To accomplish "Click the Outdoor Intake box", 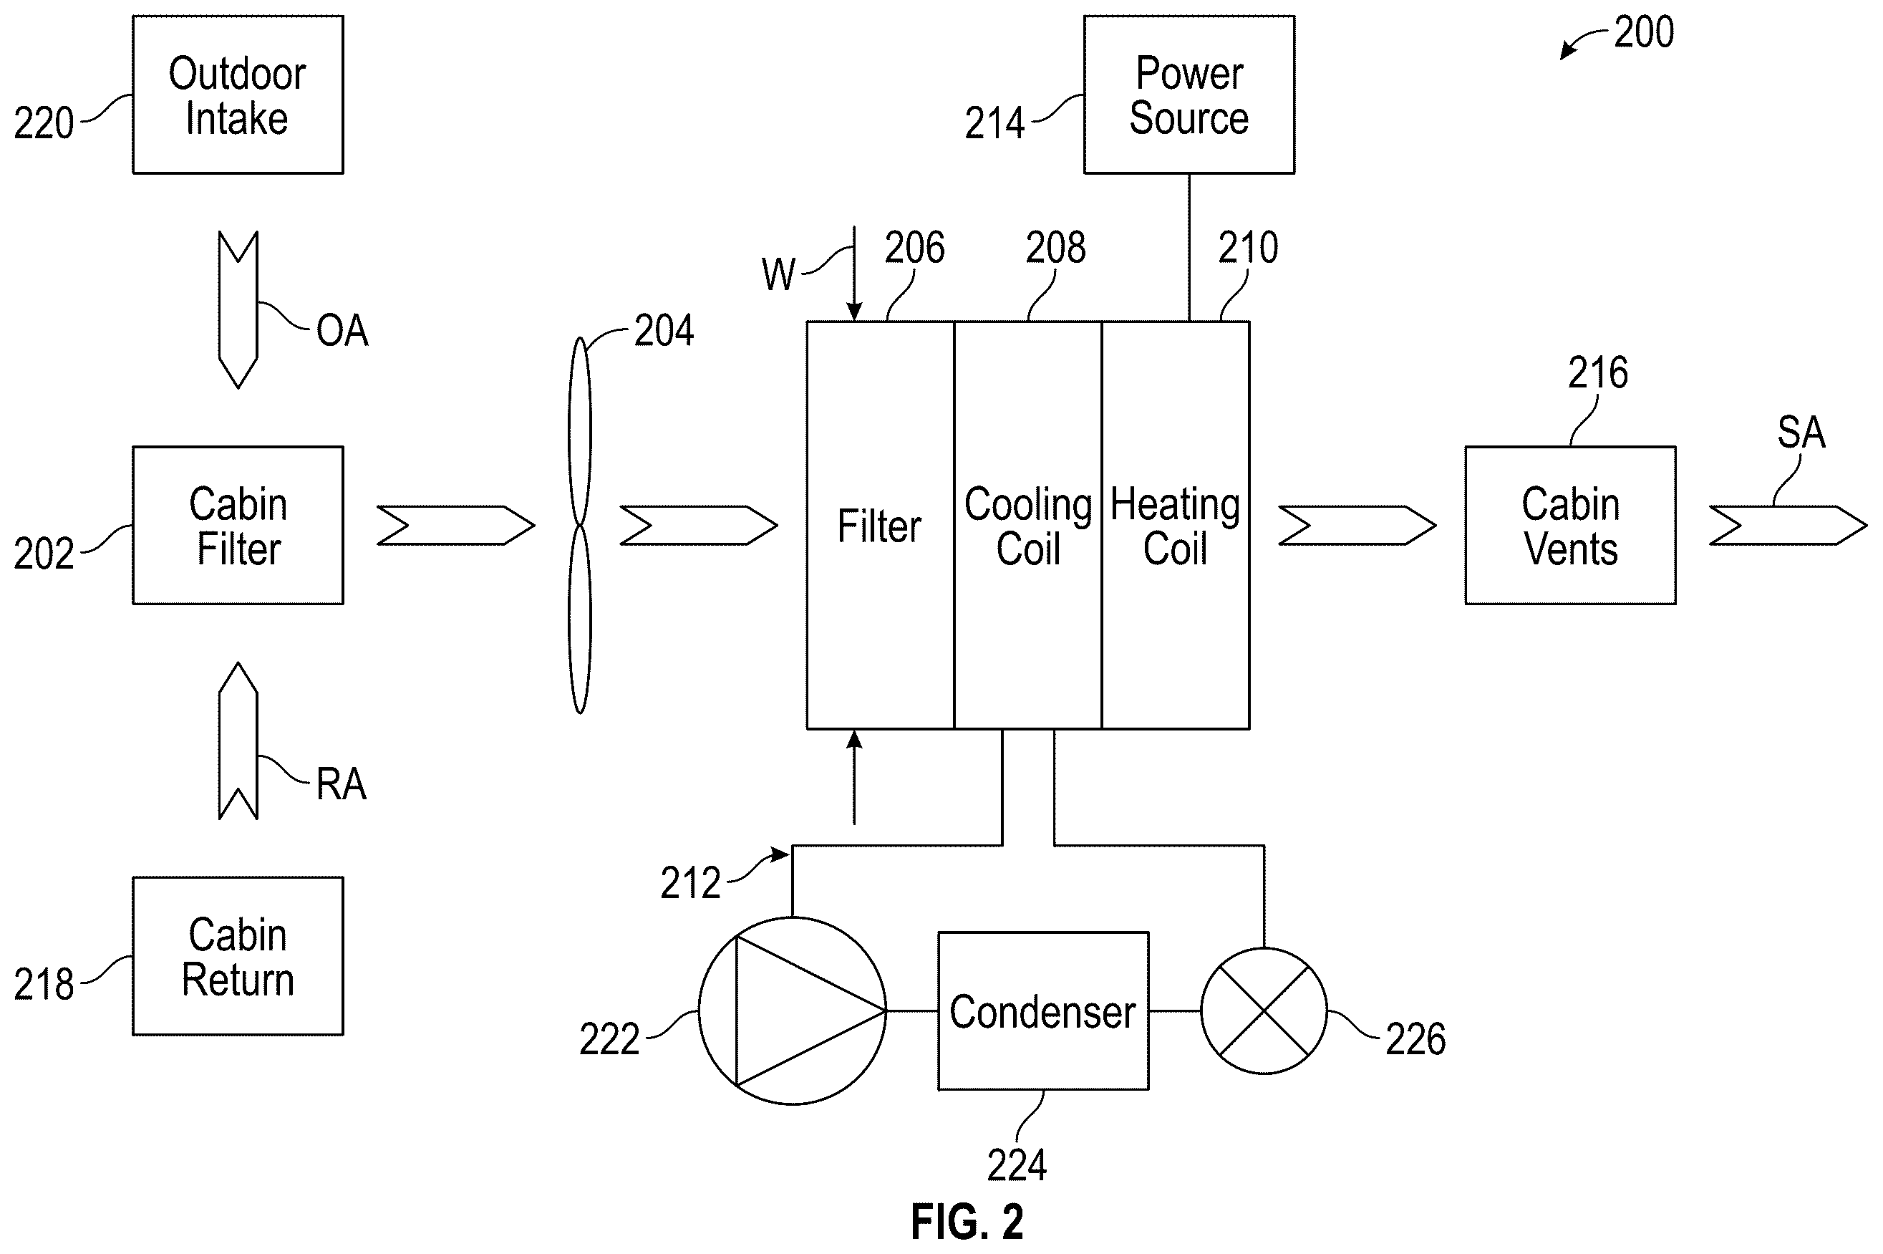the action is [238, 95].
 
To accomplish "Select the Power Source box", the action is [1189, 95].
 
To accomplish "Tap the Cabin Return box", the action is [238, 957].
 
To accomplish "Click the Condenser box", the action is [1043, 1011].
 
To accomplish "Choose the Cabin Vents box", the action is [1570, 526].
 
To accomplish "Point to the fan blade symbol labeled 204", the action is [580, 526].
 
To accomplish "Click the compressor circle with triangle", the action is [793, 1011].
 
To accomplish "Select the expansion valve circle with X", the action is [1264, 1011].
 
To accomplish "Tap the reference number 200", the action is [1644, 33].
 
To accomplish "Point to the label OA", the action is [342, 330].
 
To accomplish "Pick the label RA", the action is [342, 783].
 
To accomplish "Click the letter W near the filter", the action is [779, 275].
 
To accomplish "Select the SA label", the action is [1801, 433].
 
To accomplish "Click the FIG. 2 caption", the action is [967, 1222].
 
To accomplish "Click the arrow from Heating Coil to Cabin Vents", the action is [1357, 526].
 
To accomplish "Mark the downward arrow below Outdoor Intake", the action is [238, 310].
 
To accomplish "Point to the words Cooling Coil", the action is [1028, 526].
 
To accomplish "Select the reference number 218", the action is [44, 985].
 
